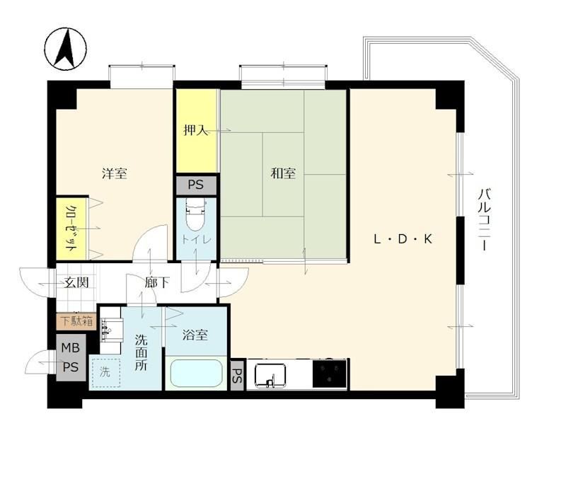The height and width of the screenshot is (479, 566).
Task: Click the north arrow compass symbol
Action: click(66, 48)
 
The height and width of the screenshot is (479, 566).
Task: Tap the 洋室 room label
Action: click(115, 173)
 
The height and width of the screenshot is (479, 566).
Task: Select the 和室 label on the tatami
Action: click(284, 173)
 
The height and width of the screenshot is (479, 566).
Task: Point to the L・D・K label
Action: click(403, 239)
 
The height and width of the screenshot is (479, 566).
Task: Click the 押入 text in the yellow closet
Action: click(196, 130)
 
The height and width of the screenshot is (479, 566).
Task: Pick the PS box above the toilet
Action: click(196, 185)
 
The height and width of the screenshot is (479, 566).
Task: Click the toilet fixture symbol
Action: click(195, 215)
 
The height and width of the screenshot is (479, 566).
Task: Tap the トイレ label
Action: click(196, 239)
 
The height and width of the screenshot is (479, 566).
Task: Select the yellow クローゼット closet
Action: click(72, 228)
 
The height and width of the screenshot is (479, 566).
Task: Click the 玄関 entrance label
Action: click(76, 282)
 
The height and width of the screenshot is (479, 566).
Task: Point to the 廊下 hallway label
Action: click(157, 282)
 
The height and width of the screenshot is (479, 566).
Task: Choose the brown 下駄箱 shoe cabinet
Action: click(76, 321)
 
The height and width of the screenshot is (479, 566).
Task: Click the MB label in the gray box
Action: click(70, 347)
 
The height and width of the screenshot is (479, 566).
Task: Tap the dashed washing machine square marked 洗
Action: click(105, 373)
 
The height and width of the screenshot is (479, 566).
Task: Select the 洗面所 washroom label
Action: click(141, 352)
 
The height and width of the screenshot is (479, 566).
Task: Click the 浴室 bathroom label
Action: click(195, 335)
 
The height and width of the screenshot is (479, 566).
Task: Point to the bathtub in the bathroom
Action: click(196, 373)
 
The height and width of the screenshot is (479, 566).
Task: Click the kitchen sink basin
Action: click(270, 375)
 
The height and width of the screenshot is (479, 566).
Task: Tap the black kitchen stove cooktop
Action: click(329, 374)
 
